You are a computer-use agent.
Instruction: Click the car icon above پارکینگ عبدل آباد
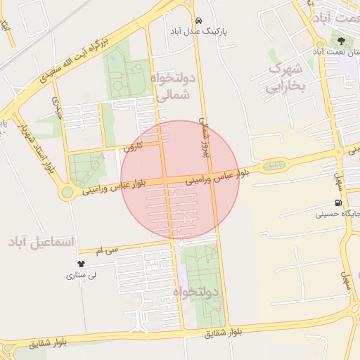[199, 20]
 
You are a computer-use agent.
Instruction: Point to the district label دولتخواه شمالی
[169, 87]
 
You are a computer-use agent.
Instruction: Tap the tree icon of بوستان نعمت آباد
[342, 41]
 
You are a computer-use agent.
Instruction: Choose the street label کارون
[133, 147]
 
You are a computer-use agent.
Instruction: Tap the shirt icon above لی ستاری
[81, 264]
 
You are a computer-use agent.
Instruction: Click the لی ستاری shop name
[80, 276]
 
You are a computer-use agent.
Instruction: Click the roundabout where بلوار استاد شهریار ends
[67, 192]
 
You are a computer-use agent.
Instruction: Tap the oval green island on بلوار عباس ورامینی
[274, 166]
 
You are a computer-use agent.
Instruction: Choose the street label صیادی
[58, 108]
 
